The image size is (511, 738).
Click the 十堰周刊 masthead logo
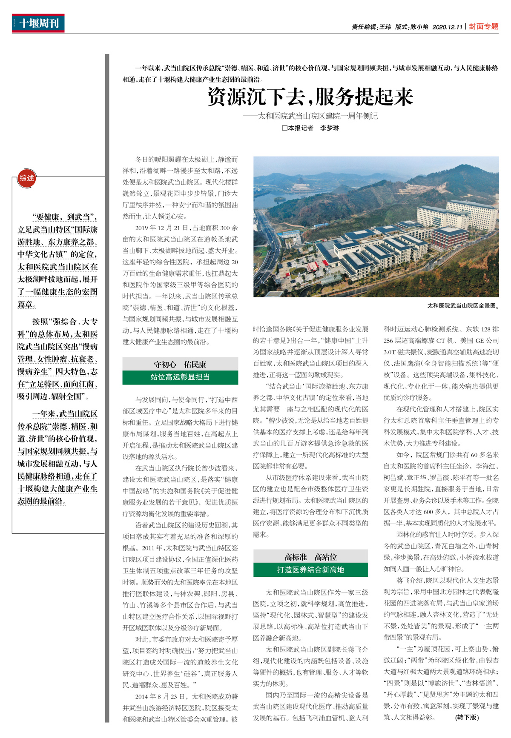coord(38,23)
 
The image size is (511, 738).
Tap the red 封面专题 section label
coord(484,26)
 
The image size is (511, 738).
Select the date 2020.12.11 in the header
coord(447,27)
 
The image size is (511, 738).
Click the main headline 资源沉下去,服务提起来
coord(310,97)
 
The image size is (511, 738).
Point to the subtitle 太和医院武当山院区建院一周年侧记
coord(317,116)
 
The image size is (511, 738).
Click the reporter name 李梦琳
coord(330,128)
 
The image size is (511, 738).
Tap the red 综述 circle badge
coord(26,178)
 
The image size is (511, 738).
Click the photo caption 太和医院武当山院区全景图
coord(462,305)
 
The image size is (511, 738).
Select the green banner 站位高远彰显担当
coord(180,377)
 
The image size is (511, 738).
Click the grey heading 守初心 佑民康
coord(180,364)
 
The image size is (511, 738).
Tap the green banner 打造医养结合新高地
coord(310,570)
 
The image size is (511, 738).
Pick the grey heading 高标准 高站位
coord(310,556)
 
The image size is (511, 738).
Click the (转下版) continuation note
coord(467,717)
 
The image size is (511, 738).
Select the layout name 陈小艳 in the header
coord(419,27)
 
